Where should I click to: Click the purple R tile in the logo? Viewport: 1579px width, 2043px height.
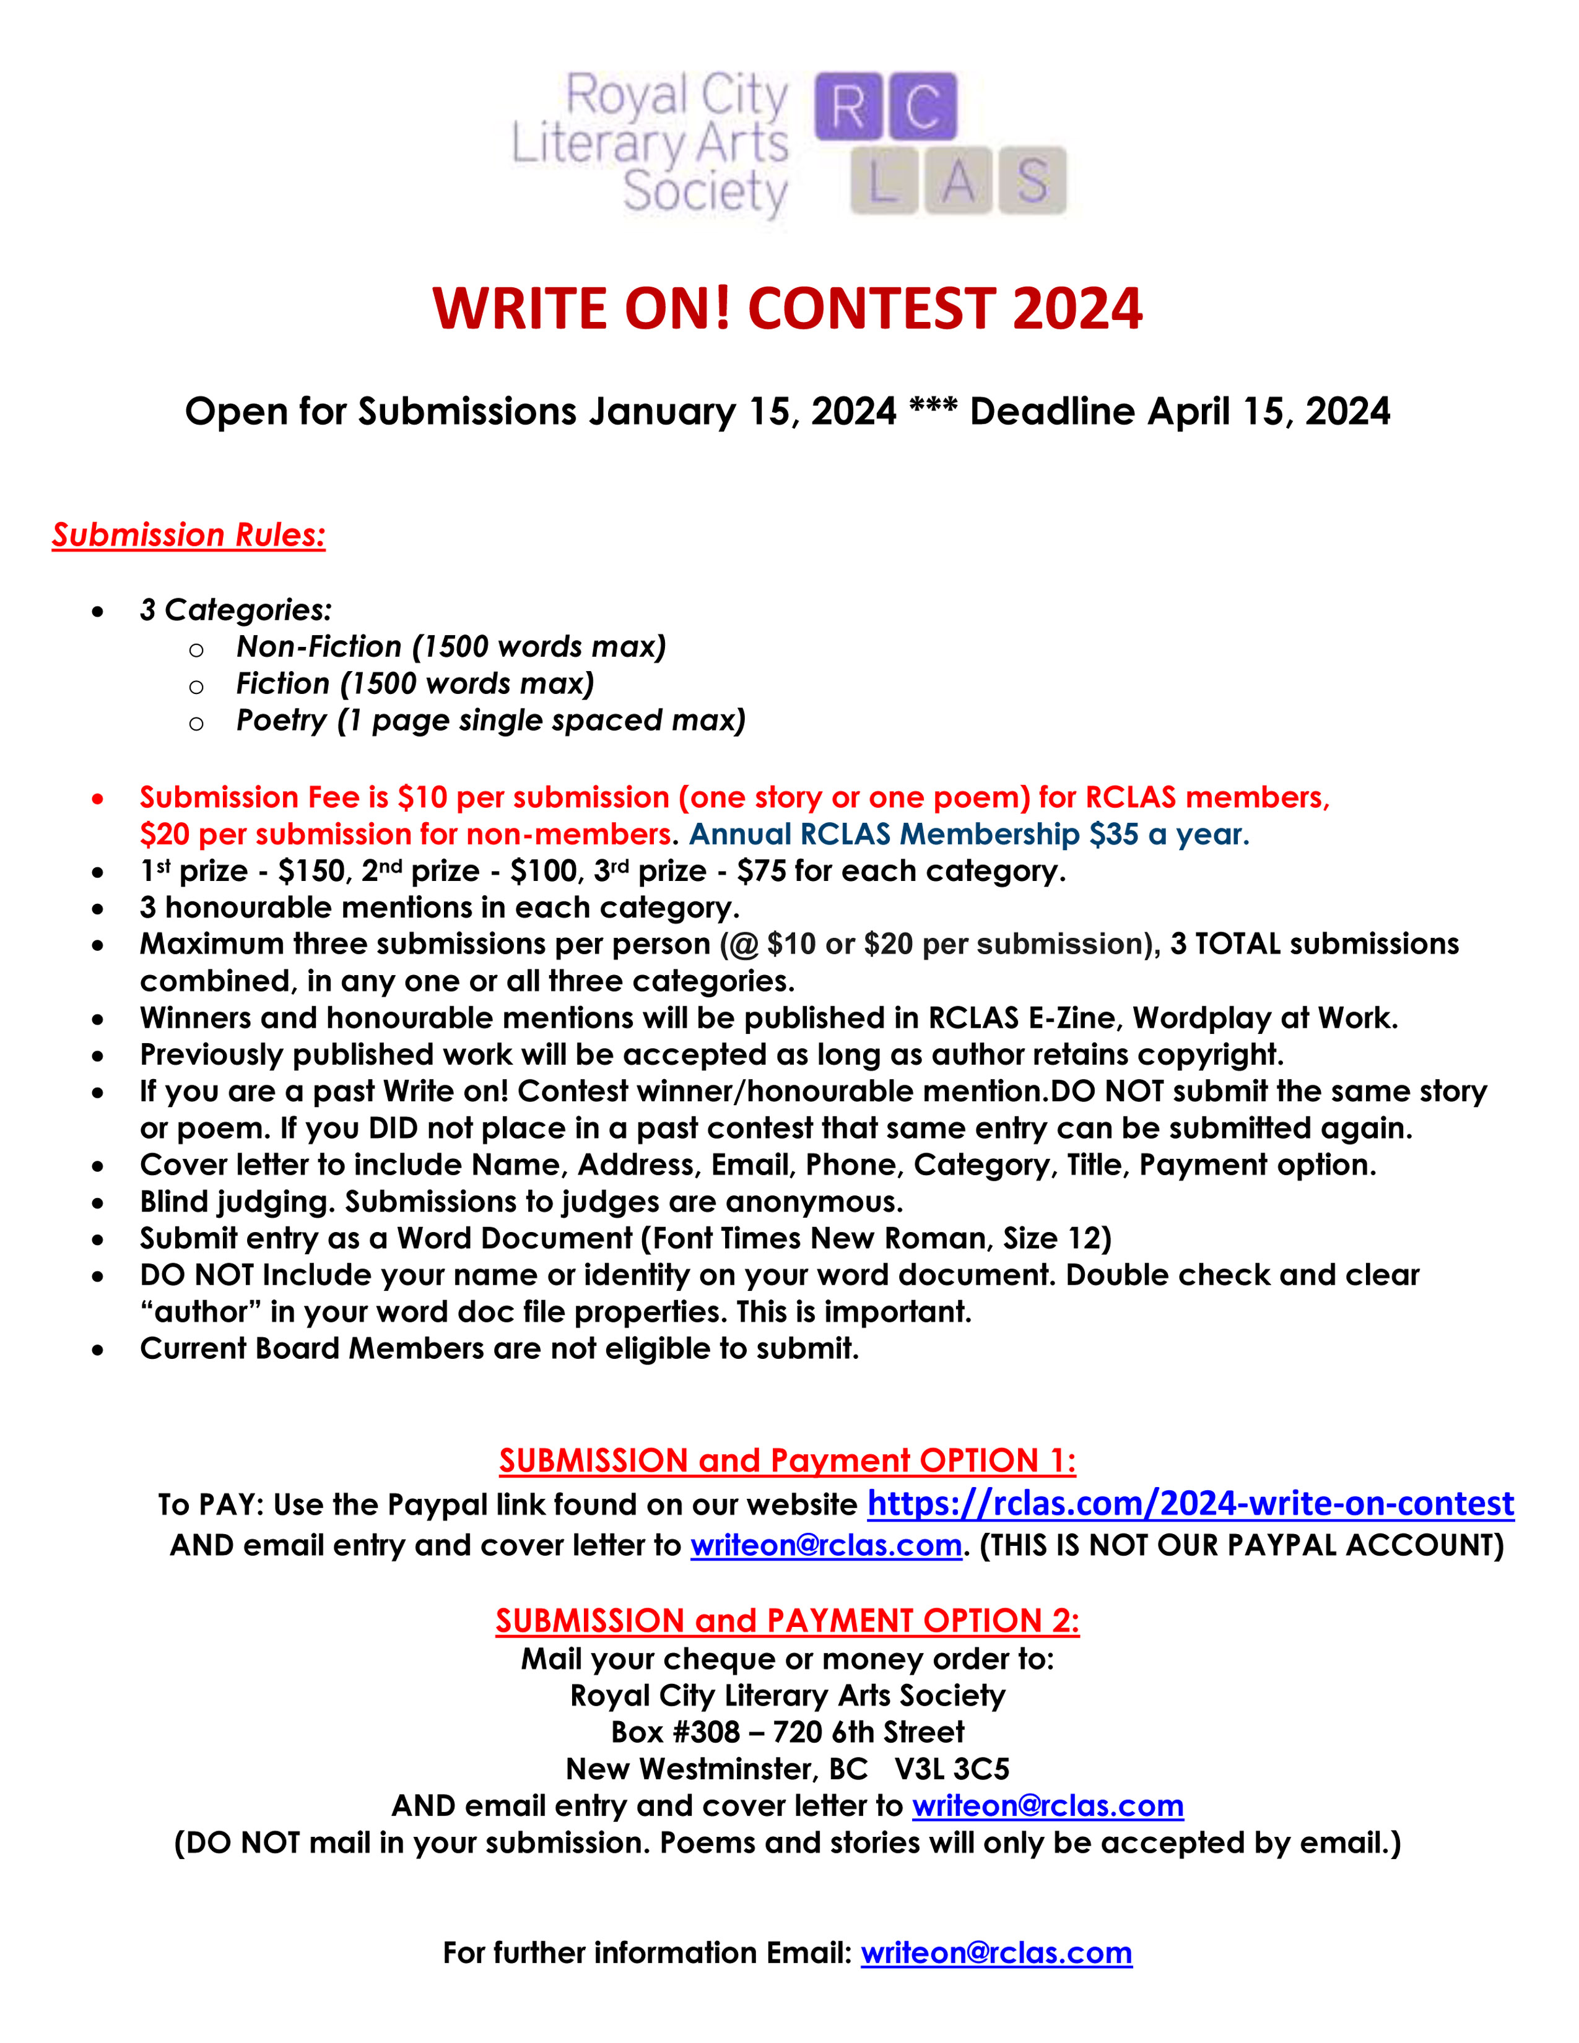click(x=848, y=106)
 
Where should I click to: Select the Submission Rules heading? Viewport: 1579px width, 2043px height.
click(x=189, y=534)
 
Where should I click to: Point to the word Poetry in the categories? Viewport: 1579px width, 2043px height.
click(x=281, y=720)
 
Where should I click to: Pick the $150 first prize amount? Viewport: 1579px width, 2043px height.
click(x=311, y=871)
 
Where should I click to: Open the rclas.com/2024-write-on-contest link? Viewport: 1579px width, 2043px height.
click(x=1190, y=1503)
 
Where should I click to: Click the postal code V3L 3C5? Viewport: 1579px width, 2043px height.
click(x=952, y=1769)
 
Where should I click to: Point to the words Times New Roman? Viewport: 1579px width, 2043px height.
click(x=822, y=1239)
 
